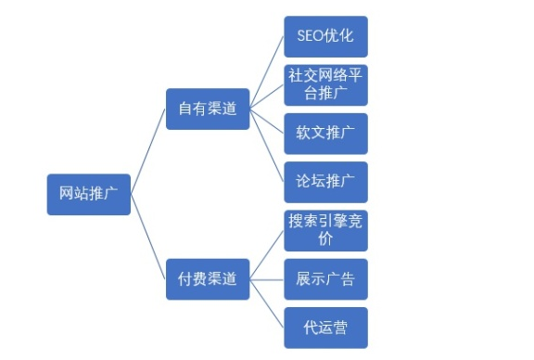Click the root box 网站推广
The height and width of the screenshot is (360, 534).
tap(88, 194)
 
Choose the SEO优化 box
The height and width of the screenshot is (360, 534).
tap(325, 37)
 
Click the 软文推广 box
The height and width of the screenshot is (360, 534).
tap(325, 133)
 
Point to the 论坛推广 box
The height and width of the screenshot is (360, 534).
tap(325, 182)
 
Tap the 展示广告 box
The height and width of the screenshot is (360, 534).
tap(325, 278)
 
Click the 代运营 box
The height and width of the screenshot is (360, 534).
tap(325, 328)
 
